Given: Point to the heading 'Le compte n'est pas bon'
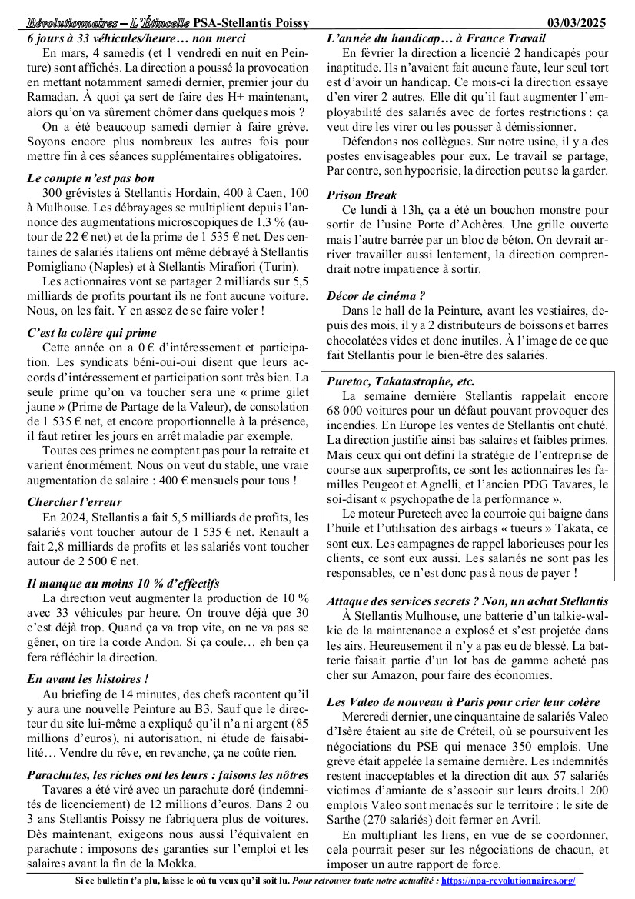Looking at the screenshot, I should [91, 178].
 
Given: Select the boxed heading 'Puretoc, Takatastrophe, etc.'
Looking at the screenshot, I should [401, 381].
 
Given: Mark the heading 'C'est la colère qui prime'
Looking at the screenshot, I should [91, 333].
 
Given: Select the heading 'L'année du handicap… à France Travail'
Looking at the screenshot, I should [434, 38].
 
